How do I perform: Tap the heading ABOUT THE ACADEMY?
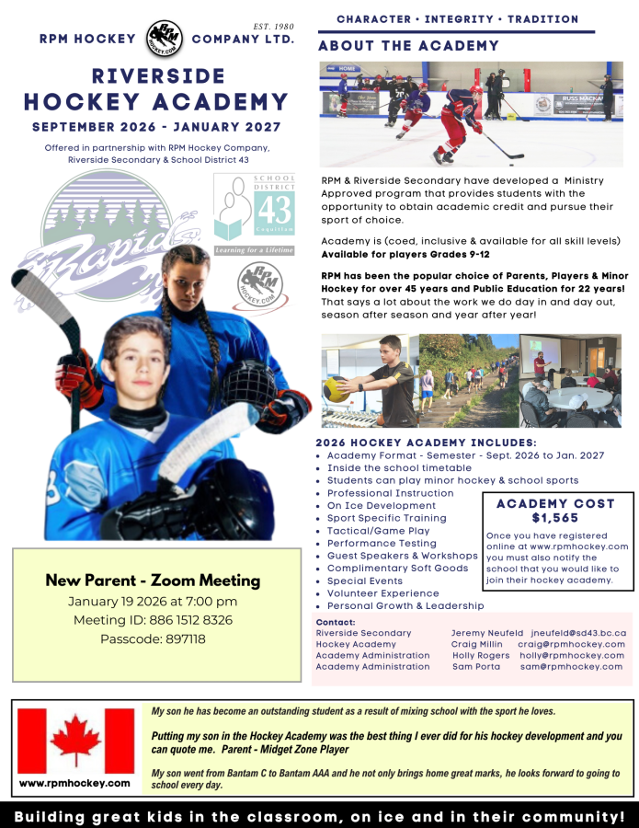click(408, 46)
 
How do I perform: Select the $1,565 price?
click(560, 517)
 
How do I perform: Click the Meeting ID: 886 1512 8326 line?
click(153, 620)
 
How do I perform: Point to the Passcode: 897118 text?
click(153, 638)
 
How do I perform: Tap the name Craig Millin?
click(476, 644)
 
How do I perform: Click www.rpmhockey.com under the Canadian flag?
click(75, 783)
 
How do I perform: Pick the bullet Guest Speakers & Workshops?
click(402, 556)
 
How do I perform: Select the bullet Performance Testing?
click(381, 543)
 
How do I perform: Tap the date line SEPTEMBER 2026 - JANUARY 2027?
click(156, 126)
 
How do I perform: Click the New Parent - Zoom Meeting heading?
click(153, 581)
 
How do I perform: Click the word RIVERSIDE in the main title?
click(156, 75)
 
